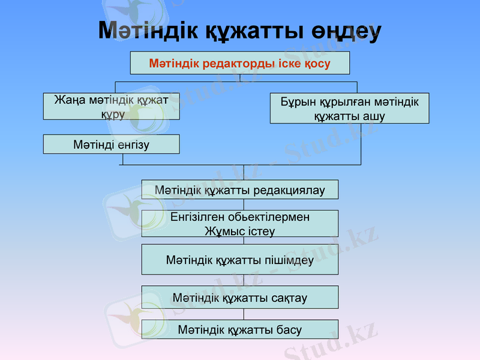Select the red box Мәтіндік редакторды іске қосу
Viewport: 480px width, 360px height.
coord(239,63)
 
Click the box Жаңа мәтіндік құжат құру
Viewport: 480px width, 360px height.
coord(111,106)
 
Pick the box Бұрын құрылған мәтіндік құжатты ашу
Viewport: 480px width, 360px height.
coord(349,109)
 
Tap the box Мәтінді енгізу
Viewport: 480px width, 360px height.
coord(111,144)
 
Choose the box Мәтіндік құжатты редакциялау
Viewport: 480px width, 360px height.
coord(239,190)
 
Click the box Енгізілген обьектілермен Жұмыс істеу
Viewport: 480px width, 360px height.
coord(239,223)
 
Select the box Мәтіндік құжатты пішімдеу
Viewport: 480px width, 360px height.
coord(239,259)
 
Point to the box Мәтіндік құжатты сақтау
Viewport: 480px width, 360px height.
coord(239,297)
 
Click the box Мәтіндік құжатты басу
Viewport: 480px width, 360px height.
coord(239,329)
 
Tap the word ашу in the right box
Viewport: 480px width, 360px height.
coord(373,116)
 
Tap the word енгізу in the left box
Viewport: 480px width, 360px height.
coord(133,144)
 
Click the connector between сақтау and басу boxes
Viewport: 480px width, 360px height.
coord(244,314)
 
